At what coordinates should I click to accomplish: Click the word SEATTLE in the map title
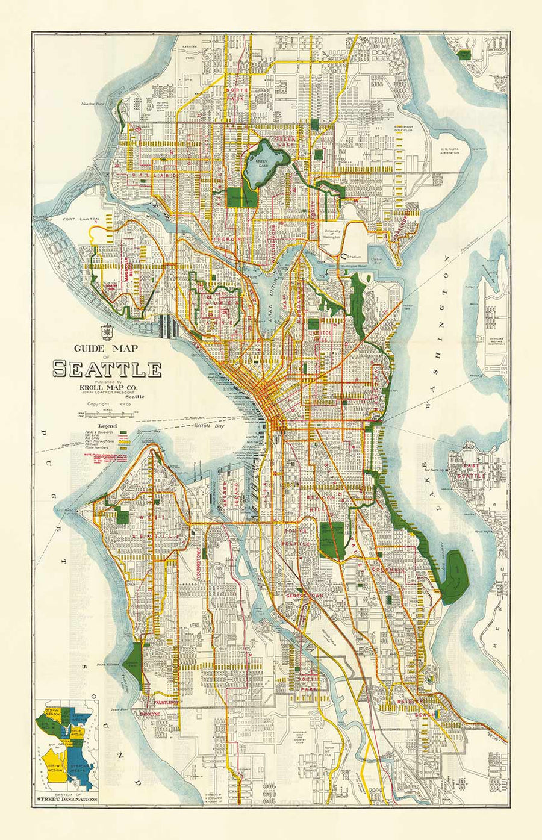point(107,369)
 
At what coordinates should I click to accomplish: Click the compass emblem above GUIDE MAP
point(107,331)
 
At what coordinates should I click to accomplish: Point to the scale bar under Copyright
point(106,414)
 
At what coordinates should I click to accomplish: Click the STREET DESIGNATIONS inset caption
point(66,799)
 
